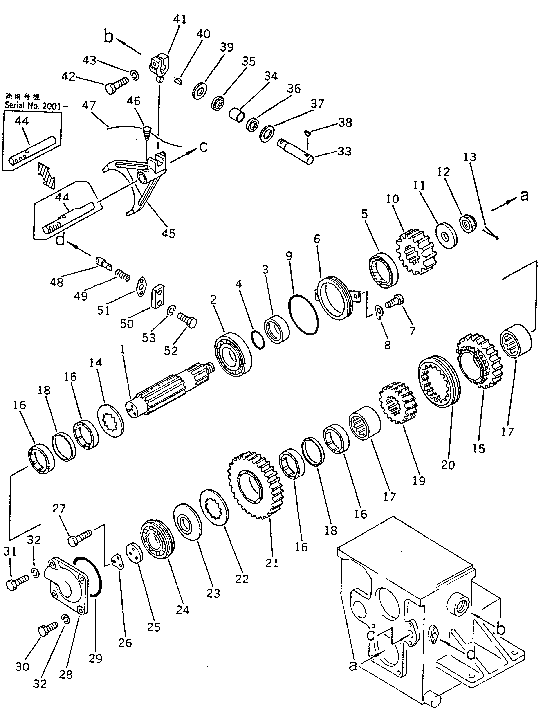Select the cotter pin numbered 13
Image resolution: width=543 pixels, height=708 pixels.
pyautogui.click(x=491, y=234)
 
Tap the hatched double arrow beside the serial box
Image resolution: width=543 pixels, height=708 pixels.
pyautogui.click(x=45, y=175)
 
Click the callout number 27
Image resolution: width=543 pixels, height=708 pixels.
pyautogui.click(x=59, y=508)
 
